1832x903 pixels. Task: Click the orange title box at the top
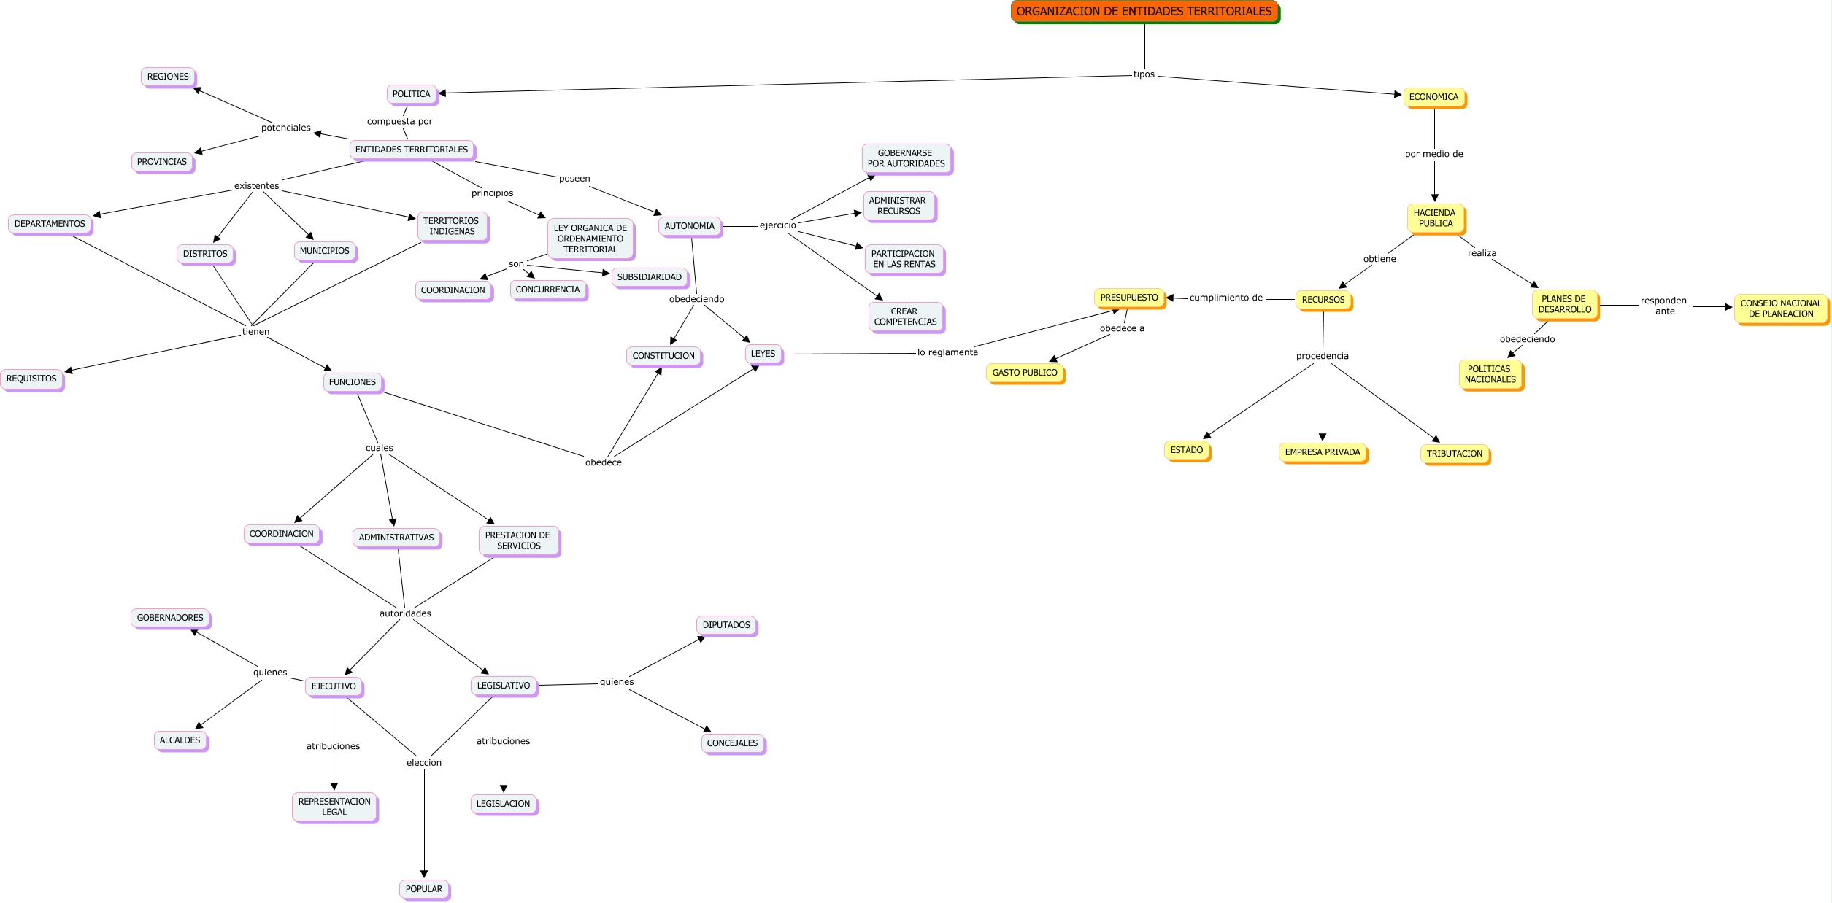(1144, 12)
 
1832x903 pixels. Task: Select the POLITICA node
(412, 94)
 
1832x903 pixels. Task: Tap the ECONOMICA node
(1433, 97)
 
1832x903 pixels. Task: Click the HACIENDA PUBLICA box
(1435, 218)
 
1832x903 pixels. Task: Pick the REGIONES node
(168, 77)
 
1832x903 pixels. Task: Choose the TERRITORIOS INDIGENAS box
(452, 226)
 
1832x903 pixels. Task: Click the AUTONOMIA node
(690, 226)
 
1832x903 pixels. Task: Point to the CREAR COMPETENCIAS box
(905, 317)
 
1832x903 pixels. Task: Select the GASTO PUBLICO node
(1025, 373)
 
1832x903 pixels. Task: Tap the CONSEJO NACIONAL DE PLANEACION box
(1781, 309)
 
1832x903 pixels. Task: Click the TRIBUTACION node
(1455, 454)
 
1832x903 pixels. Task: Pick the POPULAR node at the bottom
(424, 889)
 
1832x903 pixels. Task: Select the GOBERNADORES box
(170, 618)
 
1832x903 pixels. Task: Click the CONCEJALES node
(732, 743)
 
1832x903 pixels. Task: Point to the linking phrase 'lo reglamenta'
(947, 352)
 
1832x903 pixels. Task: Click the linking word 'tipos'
(1144, 74)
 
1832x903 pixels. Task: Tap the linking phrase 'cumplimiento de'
(1226, 298)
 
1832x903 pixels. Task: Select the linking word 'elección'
(424, 763)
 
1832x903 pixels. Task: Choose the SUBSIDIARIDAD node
(649, 277)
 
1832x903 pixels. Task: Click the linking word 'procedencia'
(1323, 356)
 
